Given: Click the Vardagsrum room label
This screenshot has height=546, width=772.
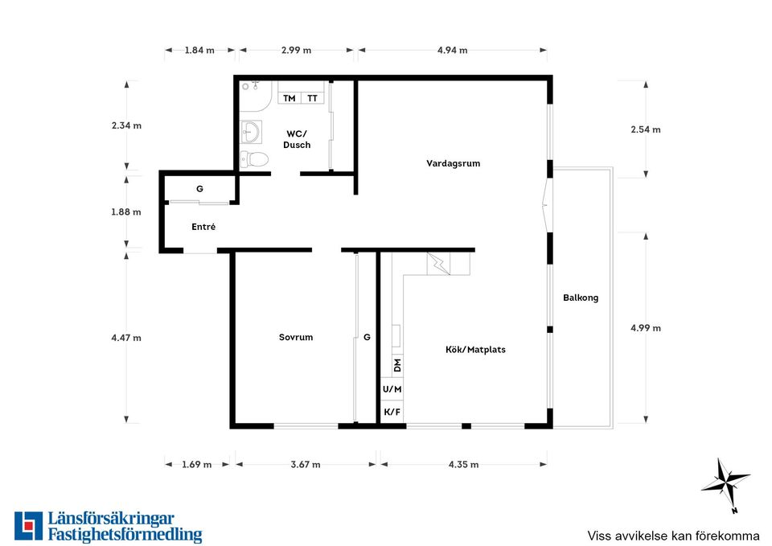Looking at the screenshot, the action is click(453, 163).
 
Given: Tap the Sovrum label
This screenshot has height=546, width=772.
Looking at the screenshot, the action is click(296, 337).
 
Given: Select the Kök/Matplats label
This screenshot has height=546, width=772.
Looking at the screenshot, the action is click(475, 350).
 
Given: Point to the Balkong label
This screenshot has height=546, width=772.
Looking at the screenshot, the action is click(581, 298).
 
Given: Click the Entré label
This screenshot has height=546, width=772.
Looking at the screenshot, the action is click(203, 227).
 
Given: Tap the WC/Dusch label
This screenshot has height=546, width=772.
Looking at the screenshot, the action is click(297, 139).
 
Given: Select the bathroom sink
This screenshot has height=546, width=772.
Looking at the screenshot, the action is click(251, 131).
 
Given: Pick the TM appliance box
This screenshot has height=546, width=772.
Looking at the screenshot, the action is click(289, 98).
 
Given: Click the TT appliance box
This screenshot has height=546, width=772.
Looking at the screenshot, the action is click(313, 98).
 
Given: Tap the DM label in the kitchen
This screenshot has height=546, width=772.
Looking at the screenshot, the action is click(398, 365).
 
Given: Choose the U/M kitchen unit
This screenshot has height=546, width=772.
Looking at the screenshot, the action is click(392, 389).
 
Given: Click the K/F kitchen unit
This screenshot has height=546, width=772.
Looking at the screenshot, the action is click(392, 412).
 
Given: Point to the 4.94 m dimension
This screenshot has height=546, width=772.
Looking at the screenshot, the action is click(453, 50).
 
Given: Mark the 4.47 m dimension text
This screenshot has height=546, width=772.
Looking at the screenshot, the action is click(126, 338).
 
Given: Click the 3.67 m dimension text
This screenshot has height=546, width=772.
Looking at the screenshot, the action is click(306, 464).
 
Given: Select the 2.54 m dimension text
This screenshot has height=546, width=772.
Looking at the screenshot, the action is click(646, 129).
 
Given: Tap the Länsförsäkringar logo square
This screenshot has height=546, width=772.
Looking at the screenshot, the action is click(29, 526).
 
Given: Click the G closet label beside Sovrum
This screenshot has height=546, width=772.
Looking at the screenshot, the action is click(367, 337).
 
